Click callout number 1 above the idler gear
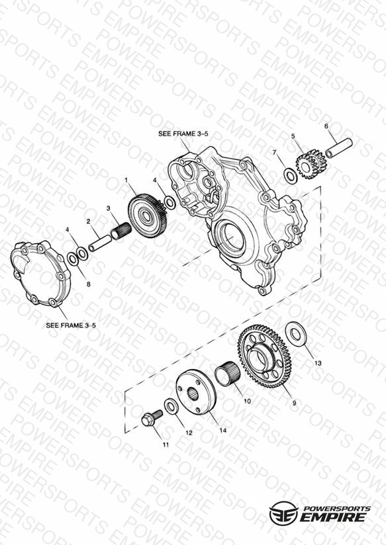click(126, 180)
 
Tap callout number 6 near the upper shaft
click(326, 126)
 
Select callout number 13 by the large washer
click(318, 363)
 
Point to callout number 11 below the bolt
click(166, 444)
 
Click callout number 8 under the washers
click(89, 284)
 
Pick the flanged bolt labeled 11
click(152, 417)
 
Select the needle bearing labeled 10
click(226, 373)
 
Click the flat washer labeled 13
click(296, 333)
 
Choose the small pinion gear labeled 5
click(311, 164)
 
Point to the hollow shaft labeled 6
click(339, 147)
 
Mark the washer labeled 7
click(291, 176)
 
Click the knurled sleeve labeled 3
click(121, 230)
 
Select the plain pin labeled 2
click(99, 243)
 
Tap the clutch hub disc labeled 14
click(196, 392)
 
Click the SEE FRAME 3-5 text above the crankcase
click(183, 134)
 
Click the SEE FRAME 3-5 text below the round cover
click(71, 325)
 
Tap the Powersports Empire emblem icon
click(283, 513)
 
